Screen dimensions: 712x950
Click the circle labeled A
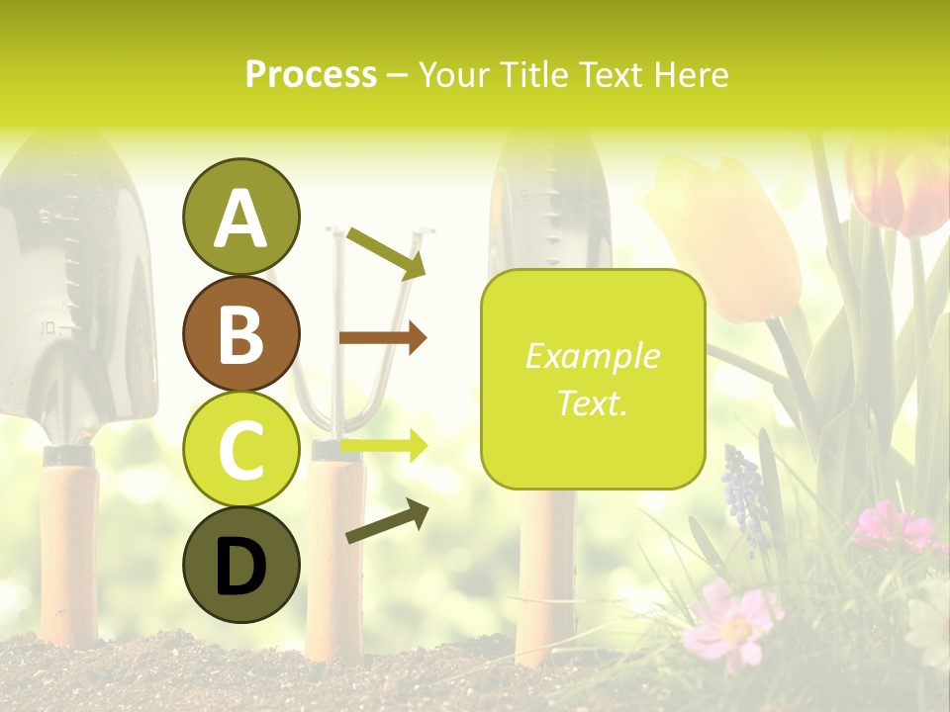click(x=240, y=218)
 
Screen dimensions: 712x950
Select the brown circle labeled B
click(x=240, y=333)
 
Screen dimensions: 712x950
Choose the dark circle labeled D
click(x=240, y=565)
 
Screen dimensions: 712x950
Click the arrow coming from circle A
click(x=386, y=252)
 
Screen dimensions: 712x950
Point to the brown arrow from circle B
click(x=383, y=338)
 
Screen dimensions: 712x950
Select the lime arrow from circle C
click(x=383, y=446)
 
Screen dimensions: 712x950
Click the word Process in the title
click(x=311, y=74)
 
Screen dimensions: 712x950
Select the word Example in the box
click(x=592, y=356)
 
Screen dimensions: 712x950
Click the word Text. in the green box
click(x=592, y=402)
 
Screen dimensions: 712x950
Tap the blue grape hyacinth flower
click(x=744, y=494)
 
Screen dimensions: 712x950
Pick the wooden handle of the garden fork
click(x=334, y=554)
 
